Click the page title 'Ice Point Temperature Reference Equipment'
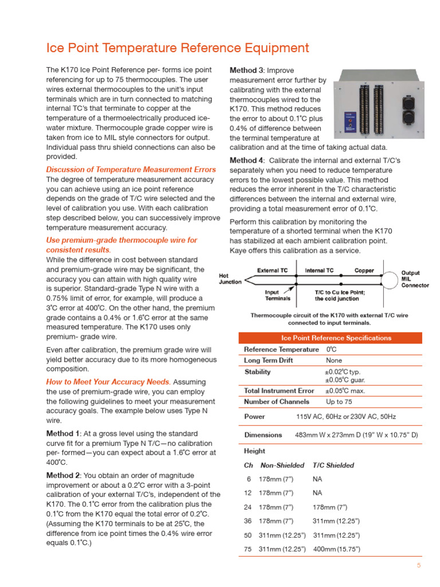(x=177, y=48)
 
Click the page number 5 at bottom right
(x=418, y=566)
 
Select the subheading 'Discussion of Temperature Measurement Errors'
(x=131, y=170)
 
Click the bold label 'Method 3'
(x=247, y=71)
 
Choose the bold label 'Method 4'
(x=247, y=160)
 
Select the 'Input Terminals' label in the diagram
(x=277, y=295)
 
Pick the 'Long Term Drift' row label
(x=269, y=360)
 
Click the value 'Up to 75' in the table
(x=339, y=402)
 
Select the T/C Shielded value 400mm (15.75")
(x=336, y=549)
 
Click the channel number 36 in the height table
(x=248, y=521)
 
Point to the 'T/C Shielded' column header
(x=333, y=465)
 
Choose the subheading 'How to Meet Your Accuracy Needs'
(x=108, y=382)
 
